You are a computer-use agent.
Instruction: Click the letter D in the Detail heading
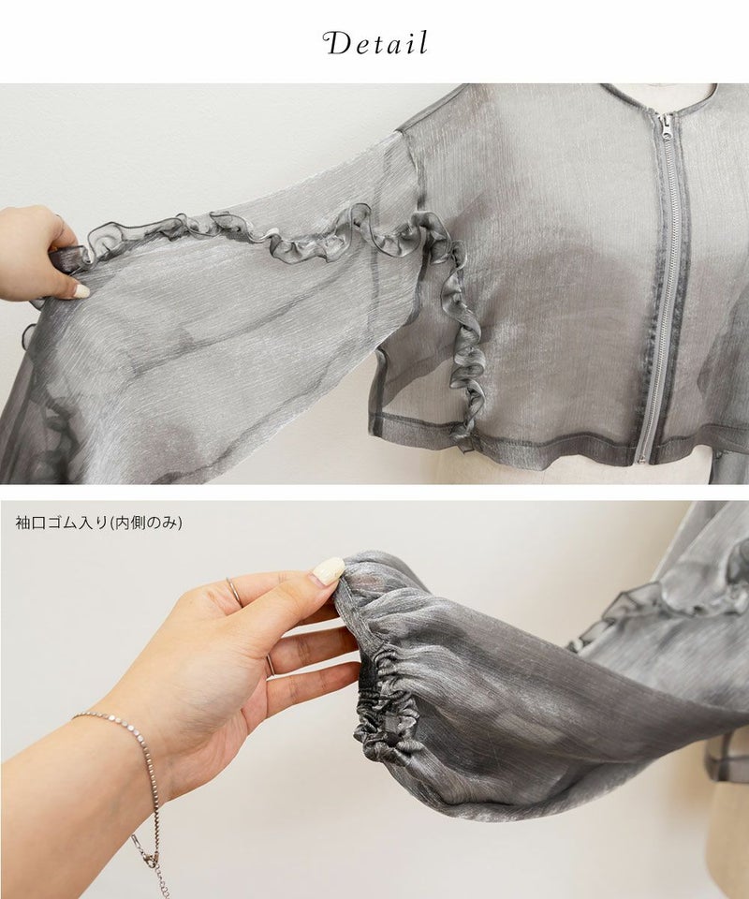[x=338, y=44]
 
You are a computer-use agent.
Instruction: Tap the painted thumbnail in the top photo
[x=81, y=290]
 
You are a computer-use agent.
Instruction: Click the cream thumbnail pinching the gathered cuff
[x=328, y=571]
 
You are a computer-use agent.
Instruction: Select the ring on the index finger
[x=234, y=591]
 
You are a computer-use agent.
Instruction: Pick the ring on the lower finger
[x=270, y=665]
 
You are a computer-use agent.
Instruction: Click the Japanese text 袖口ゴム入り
[x=61, y=523]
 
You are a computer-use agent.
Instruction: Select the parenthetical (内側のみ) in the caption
[x=145, y=523]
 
